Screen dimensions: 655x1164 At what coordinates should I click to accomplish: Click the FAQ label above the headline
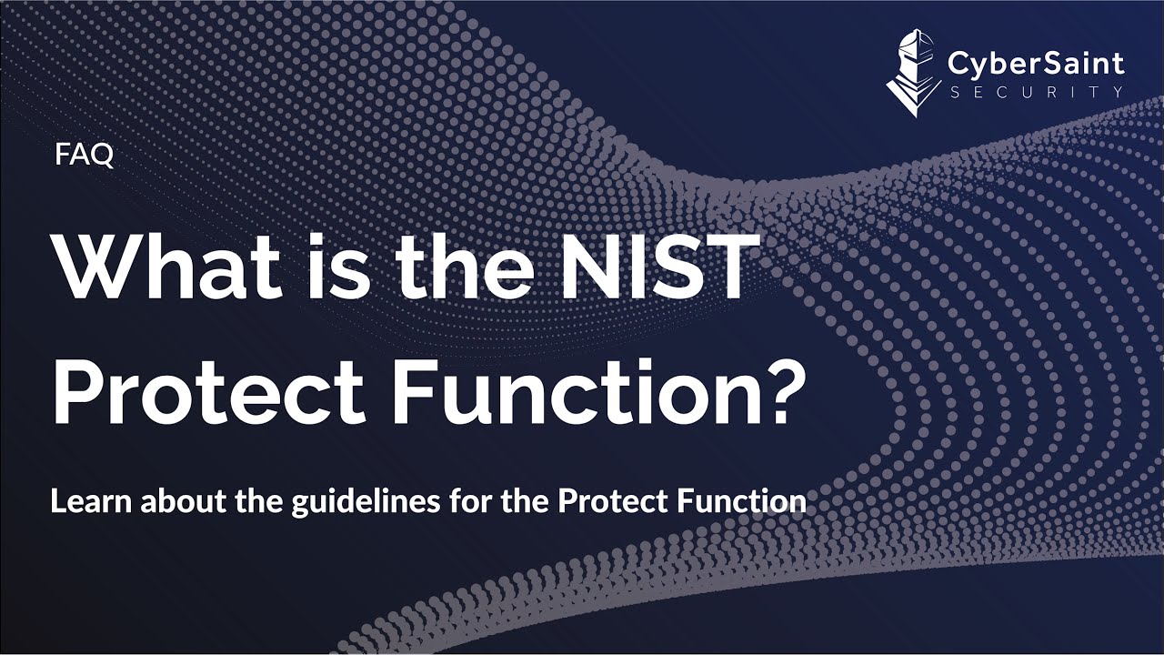click(84, 156)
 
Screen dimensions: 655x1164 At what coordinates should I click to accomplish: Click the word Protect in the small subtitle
click(600, 501)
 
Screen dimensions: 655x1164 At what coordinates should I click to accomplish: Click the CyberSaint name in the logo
click(1035, 64)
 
